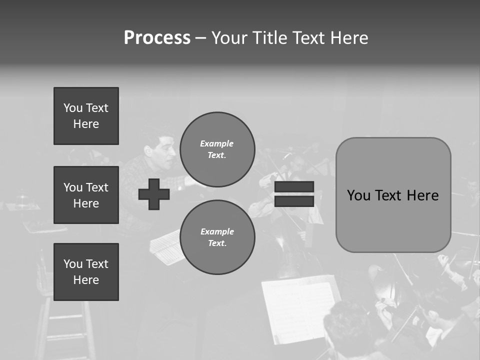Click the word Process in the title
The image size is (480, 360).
pos(157,38)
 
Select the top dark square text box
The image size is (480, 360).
pos(86,116)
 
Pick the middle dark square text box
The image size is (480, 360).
pos(86,195)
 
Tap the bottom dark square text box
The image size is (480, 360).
pos(86,272)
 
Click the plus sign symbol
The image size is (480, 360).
pos(154,194)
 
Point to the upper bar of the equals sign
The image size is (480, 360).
pos(294,186)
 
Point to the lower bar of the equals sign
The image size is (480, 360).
pos(294,201)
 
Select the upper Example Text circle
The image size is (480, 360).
pos(217,149)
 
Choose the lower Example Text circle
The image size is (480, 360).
pos(217,237)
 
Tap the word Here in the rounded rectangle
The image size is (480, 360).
pos(422,195)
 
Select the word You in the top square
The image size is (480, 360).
pos(73,108)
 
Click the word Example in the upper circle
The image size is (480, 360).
pos(217,143)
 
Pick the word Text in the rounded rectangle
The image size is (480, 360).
pos(388,195)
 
